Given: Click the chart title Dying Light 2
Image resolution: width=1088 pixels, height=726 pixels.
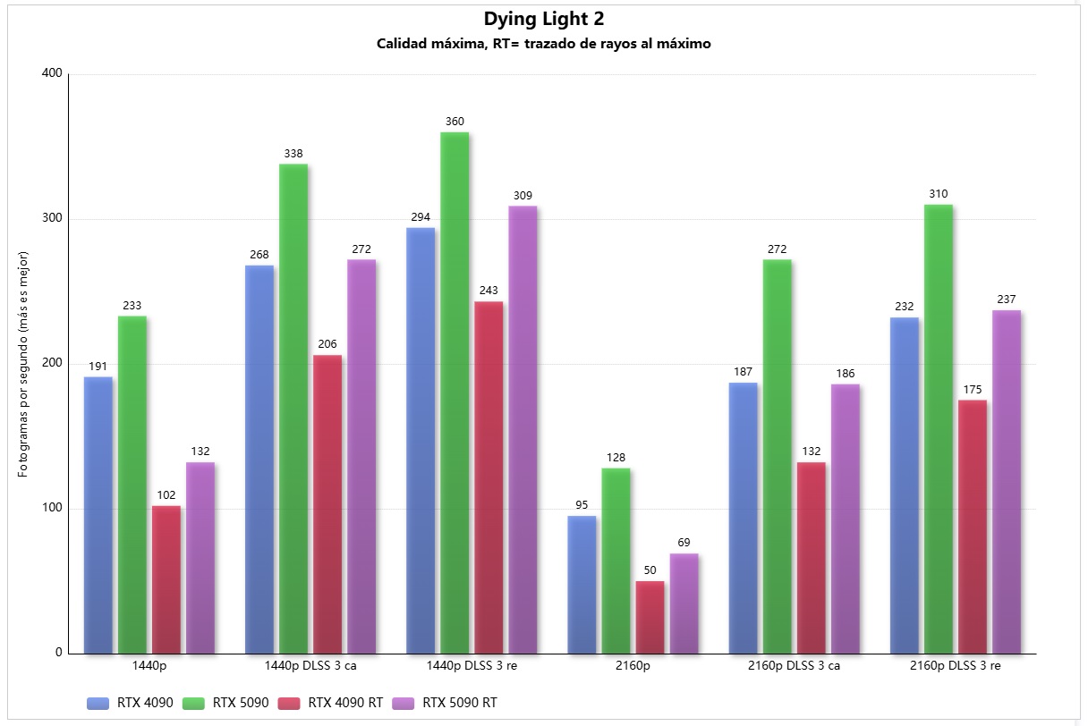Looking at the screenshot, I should tap(544, 19).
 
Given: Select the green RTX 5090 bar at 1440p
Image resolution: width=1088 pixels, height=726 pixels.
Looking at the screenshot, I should tap(132, 484).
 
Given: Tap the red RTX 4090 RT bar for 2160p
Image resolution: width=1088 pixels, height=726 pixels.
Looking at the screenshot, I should tap(650, 617).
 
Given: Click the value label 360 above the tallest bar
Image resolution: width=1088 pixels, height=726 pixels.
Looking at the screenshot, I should tap(455, 122).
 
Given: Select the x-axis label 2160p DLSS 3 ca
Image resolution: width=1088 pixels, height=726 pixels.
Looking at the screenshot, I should tap(794, 666).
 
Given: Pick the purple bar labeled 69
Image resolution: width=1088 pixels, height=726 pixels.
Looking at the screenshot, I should tap(684, 604).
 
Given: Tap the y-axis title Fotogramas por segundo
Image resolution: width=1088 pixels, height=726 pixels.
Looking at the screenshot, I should tap(23, 359).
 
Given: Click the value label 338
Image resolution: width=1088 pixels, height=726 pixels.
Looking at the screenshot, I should tap(293, 154).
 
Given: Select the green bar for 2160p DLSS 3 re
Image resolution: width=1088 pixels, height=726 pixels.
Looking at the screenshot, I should tap(939, 429).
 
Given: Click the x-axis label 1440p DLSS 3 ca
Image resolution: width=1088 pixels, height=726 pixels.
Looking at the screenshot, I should tap(310, 666).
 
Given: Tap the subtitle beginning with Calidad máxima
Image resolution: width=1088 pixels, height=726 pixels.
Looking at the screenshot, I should tap(544, 44).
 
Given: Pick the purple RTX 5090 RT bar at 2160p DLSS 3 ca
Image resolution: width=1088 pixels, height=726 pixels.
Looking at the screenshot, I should tap(846, 519).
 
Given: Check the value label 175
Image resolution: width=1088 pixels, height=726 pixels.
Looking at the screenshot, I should tap(973, 390).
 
